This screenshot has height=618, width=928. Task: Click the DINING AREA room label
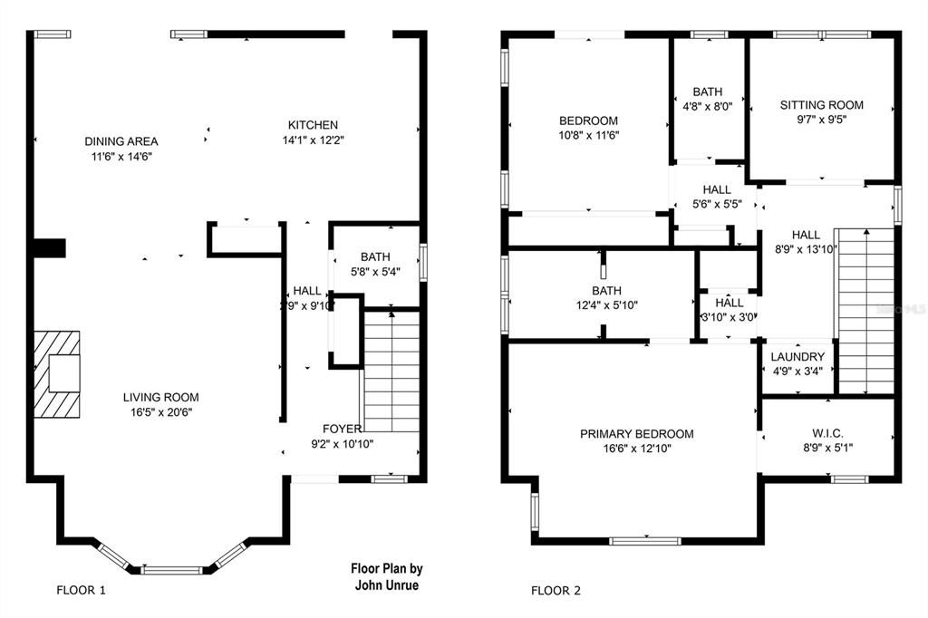coord(121,140)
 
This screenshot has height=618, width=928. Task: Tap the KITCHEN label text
coord(313,125)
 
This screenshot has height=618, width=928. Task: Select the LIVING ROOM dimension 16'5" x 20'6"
coord(161,412)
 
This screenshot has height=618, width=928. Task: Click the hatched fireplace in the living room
coord(57,372)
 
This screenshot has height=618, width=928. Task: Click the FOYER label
coord(343,429)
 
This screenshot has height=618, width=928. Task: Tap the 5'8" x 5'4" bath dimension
coord(374,271)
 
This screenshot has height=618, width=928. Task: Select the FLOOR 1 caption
coord(82,591)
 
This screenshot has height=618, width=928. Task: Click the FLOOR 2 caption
coord(556,591)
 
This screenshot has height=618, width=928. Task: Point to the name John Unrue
coord(387,584)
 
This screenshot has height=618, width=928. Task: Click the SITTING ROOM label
coord(822,105)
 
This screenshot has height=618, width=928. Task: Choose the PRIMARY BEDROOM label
coord(637,434)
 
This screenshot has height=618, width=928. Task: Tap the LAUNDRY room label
coord(797,357)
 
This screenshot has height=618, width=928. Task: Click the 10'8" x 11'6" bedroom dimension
coord(588,135)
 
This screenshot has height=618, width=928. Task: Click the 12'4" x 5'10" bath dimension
coord(607,305)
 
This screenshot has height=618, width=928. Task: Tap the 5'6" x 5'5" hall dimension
coord(716,204)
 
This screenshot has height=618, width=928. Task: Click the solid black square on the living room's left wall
coord(50,247)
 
